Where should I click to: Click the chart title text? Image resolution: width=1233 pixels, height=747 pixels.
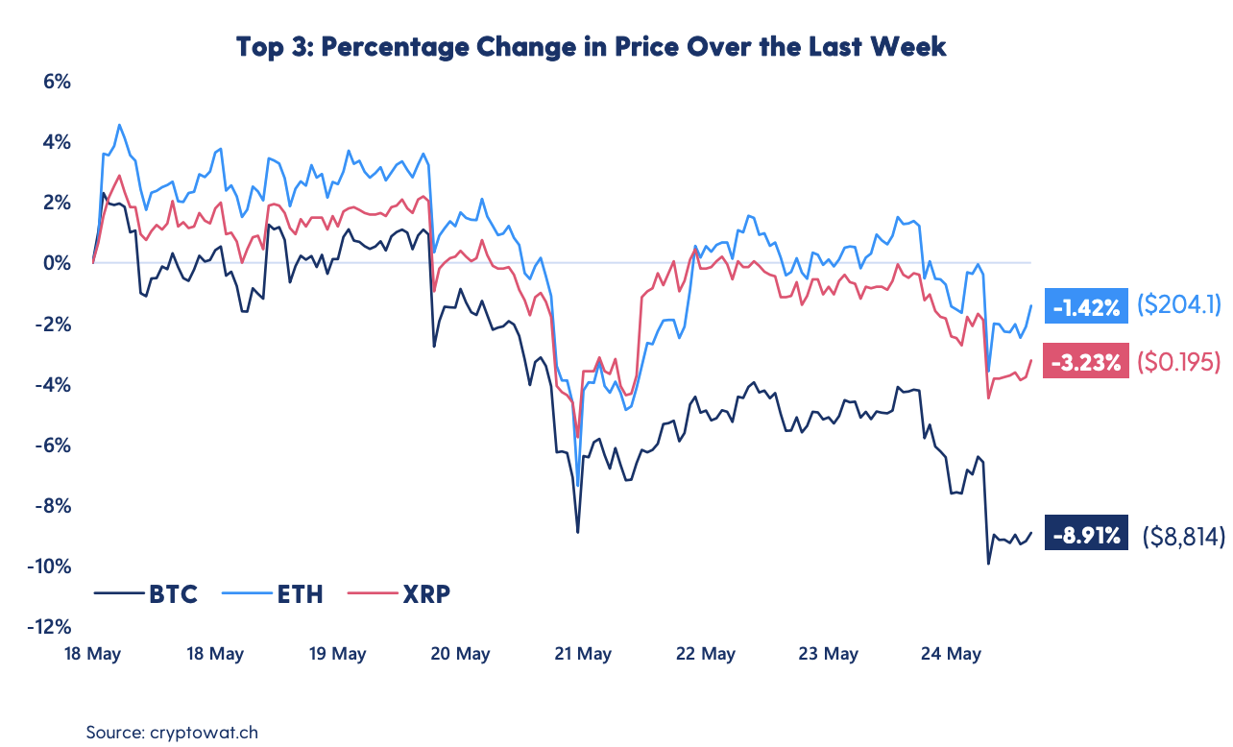point(592,46)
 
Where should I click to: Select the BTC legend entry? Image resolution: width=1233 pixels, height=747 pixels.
point(174,594)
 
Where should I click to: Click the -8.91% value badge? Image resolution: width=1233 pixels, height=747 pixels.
point(1087,537)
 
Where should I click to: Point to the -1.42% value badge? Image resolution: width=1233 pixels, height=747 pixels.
point(1086,307)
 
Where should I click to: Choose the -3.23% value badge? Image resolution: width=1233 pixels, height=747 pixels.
point(1086,362)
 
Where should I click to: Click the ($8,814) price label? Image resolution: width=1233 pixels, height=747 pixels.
point(1183,537)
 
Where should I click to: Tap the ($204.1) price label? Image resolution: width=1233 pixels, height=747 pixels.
point(1178,305)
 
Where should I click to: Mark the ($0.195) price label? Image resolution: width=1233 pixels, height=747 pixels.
point(1178,362)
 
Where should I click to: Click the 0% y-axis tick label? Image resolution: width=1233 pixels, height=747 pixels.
point(58,263)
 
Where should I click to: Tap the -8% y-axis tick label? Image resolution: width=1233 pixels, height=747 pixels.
point(52,506)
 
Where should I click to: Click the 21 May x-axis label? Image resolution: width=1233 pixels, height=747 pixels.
point(583,654)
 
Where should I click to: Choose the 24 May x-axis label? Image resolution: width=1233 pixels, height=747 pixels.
point(952,654)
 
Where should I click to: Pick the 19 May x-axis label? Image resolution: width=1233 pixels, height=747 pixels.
point(337,654)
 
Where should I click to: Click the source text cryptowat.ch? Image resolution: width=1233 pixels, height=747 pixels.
point(205,732)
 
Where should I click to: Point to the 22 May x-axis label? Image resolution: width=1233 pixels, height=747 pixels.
point(706,654)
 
